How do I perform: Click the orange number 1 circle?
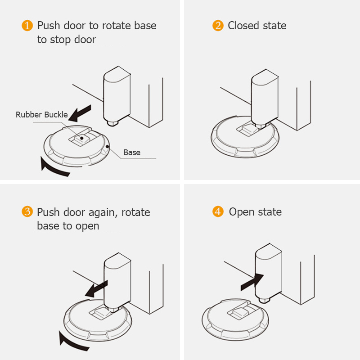point(27,26)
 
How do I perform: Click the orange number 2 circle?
point(218,26)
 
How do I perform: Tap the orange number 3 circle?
point(27,212)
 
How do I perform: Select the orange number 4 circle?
point(218,212)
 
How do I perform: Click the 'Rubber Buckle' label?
point(41,115)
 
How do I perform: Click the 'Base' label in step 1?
point(132,153)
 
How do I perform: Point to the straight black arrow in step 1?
point(81,114)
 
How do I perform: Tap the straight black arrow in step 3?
point(97,288)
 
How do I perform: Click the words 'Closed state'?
point(257,26)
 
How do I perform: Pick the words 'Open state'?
point(255,212)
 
